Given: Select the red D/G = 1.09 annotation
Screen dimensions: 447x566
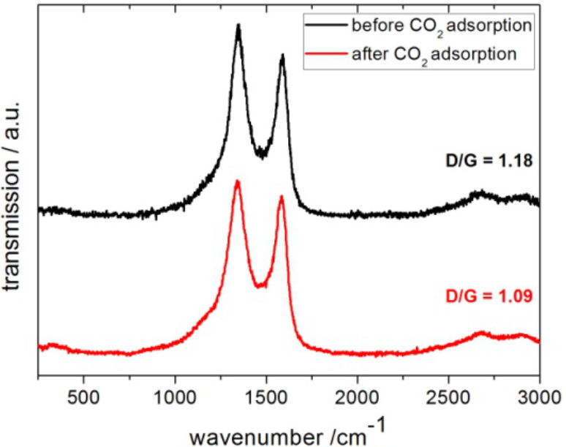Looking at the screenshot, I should coord(492,297).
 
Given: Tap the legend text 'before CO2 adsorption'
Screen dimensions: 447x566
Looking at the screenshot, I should coord(440,28).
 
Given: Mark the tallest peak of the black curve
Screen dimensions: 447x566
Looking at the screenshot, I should coord(238,26).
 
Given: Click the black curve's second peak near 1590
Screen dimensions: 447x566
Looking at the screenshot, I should coord(282,56).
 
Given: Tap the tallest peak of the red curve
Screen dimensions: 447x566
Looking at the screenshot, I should coord(237,181).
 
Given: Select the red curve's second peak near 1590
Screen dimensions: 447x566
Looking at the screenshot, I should coord(281,196).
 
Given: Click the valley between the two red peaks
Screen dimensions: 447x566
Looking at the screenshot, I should coord(259,286).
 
